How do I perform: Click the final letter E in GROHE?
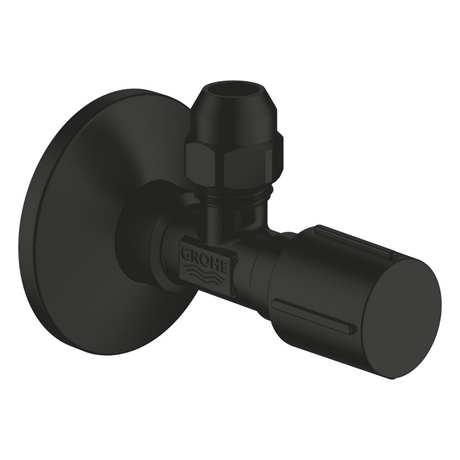tap(224, 262)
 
